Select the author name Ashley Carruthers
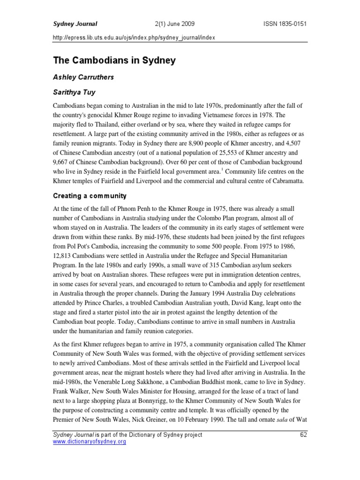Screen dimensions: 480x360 click(x=90, y=77)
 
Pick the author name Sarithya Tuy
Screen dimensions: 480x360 click(x=75, y=94)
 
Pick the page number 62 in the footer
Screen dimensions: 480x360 click(x=303, y=435)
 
